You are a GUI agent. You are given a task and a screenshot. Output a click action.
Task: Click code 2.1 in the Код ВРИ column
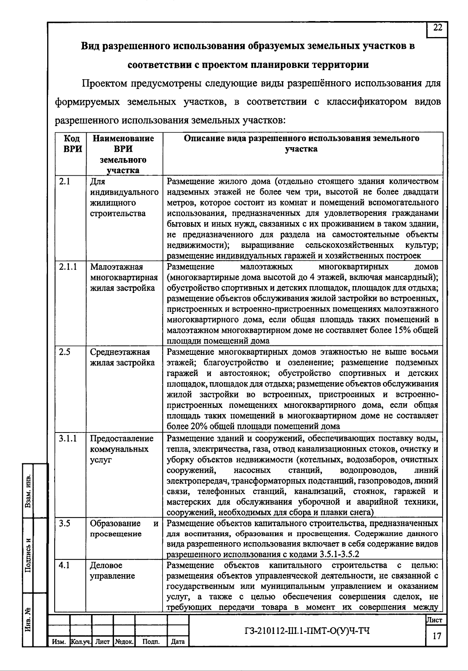tap(64, 182)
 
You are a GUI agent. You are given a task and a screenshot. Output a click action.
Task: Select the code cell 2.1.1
tap(68, 267)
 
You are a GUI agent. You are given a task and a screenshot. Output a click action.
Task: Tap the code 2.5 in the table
tap(64, 352)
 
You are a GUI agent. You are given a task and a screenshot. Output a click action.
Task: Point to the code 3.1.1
tap(68, 439)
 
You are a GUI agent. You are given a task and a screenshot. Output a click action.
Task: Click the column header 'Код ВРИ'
tap(72, 144)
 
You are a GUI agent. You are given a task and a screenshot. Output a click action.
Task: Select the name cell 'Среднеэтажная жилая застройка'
tap(122, 357)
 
